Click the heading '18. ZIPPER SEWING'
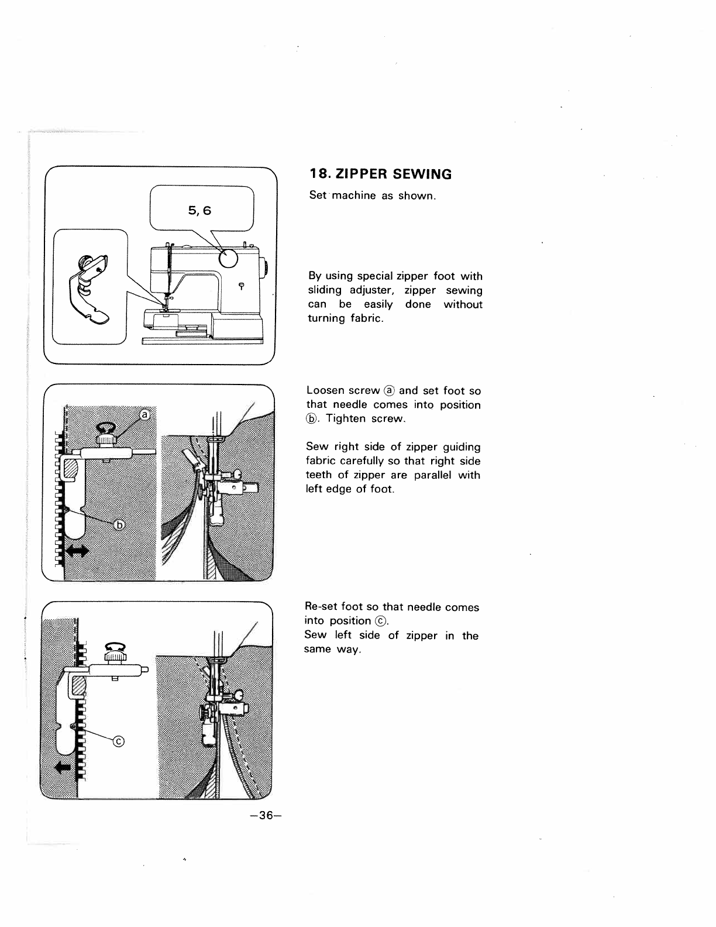(380, 174)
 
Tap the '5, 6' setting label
(200, 210)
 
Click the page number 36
(265, 816)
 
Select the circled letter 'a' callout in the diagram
(144, 414)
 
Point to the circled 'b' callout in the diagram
(119, 524)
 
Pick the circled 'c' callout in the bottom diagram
(119, 742)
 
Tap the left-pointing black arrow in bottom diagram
(63, 767)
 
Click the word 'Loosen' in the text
(325, 390)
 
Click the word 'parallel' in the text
(432, 475)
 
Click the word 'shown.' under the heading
(417, 195)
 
